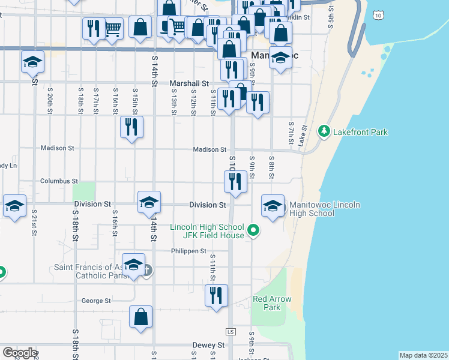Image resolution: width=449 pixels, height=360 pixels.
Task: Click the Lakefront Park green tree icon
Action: tap(324, 131)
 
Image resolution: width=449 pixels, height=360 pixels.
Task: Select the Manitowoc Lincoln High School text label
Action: tap(324, 209)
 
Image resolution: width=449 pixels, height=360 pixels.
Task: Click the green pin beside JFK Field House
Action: tap(253, 230)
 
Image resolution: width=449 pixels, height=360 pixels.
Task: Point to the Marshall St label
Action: tap(188, 84)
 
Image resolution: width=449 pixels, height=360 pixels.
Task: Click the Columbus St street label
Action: tap(59, 181)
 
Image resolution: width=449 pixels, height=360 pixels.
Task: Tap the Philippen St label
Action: tap(188, 251)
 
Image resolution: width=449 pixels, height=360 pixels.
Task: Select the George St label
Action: tap(96, 301)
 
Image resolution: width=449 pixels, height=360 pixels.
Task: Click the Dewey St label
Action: tap(208, 346)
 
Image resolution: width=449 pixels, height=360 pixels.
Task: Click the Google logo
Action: tap(19, 353)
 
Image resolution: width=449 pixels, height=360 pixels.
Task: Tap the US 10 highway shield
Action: tap(377, 14)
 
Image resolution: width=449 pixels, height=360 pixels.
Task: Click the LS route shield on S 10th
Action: tap(231, 331)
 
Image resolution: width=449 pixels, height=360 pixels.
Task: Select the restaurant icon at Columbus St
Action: tap(235, 181)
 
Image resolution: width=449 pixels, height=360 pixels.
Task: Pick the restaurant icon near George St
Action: tap(216, 295)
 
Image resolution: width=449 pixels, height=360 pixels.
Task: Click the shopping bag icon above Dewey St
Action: tap(140, 317)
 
